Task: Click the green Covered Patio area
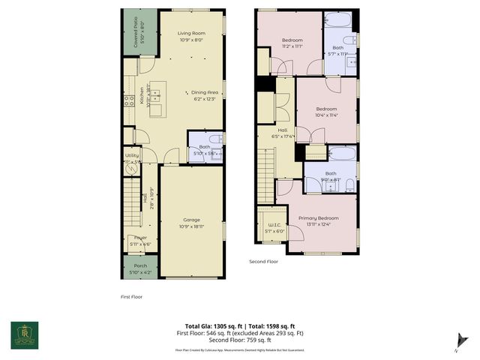click(x=140, y=34)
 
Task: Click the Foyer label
click(x=140, y=240)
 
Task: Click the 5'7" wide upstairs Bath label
click(x=337, y=49)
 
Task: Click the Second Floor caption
click(x=265, y=262)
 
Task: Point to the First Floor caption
click(x=131, y=297)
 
